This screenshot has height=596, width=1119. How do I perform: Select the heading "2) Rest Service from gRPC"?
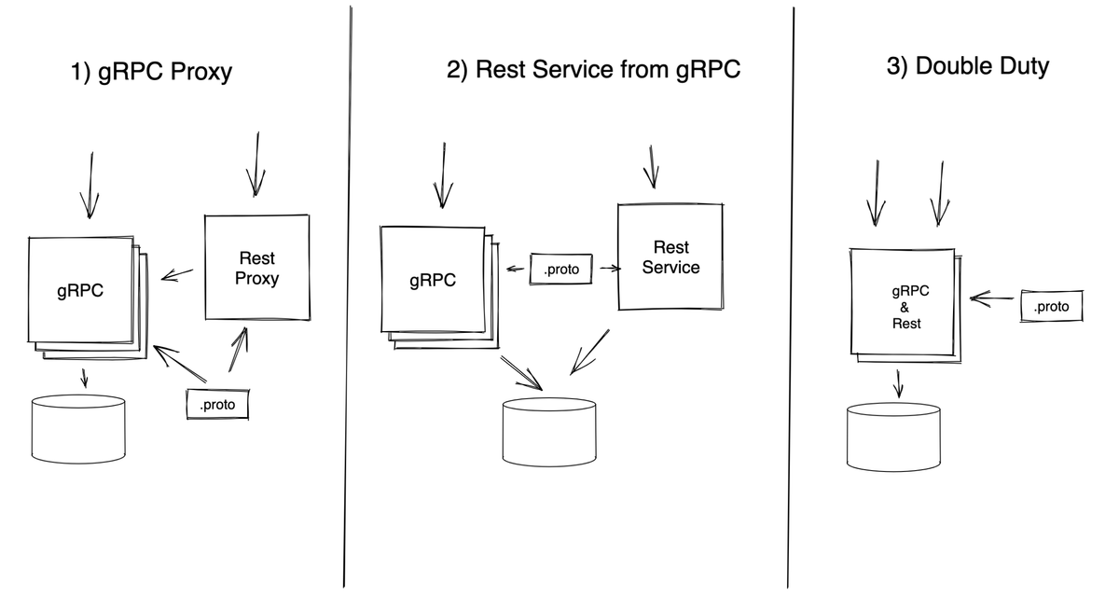pos(594,71)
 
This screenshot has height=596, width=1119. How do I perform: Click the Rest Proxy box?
pos(256,267)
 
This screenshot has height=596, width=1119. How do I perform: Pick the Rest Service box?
pos(670,257)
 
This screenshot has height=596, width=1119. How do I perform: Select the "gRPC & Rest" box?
pos(904,302)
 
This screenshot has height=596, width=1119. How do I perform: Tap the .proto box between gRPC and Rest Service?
pos(561,270)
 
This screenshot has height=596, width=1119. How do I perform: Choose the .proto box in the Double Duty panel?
pos(1051,307)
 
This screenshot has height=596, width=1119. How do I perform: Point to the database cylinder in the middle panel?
pos(549,436)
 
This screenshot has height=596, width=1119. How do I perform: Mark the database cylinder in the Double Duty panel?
pos(893,437)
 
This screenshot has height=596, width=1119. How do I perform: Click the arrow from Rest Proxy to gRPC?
pos(178,274)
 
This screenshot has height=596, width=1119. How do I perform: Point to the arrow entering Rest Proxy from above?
pos(254,165)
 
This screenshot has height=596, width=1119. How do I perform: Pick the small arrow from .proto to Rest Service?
pos(610,269)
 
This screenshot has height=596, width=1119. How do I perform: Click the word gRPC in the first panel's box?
pos(79,291)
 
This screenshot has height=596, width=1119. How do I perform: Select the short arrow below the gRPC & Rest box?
pos(899,382)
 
